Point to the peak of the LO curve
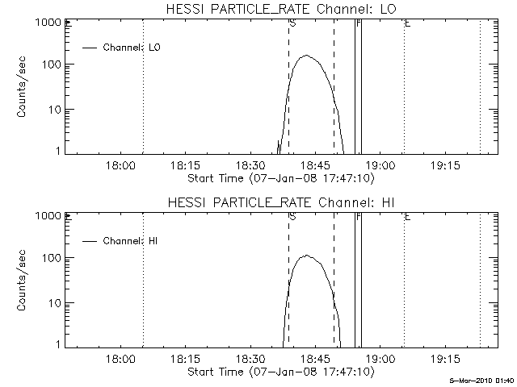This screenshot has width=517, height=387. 306,56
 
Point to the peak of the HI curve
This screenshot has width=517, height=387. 307,256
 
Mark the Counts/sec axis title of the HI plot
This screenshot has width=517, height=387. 23,280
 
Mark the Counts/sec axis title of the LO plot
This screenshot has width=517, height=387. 23,87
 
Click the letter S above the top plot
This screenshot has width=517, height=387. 291,24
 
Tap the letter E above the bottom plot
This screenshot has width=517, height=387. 407,217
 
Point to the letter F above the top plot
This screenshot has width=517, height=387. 358,24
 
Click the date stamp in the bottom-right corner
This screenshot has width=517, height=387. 481,380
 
